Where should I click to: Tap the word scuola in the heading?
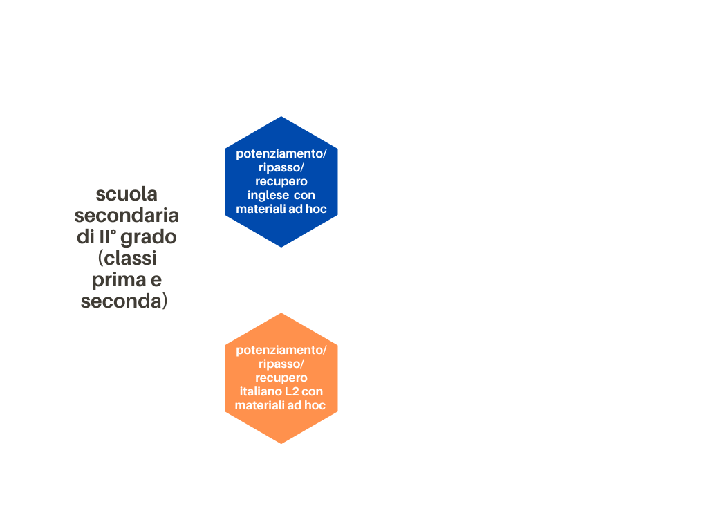(x=127, y=194)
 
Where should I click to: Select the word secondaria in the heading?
(x=127, y=216)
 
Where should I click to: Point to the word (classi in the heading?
(x=127, y=259)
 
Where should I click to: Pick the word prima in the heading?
(x=119, y=281)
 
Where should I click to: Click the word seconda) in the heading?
(x=124, y=301)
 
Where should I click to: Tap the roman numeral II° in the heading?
(x=107, y=236)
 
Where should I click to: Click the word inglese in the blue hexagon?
(x=268, y=196)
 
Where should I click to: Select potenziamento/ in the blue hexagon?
(x=281, y=154)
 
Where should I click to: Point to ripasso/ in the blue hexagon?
(x=281, y=168)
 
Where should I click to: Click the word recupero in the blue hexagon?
(x=281, y=182)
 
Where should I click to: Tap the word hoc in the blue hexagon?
(x=315, y=209)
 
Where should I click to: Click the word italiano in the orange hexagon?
(x=260, y=391)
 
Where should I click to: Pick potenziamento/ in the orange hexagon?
(x=281, y=351)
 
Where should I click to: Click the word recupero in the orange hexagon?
(x=281, y=378)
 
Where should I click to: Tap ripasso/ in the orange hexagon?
(x=281, y=364)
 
